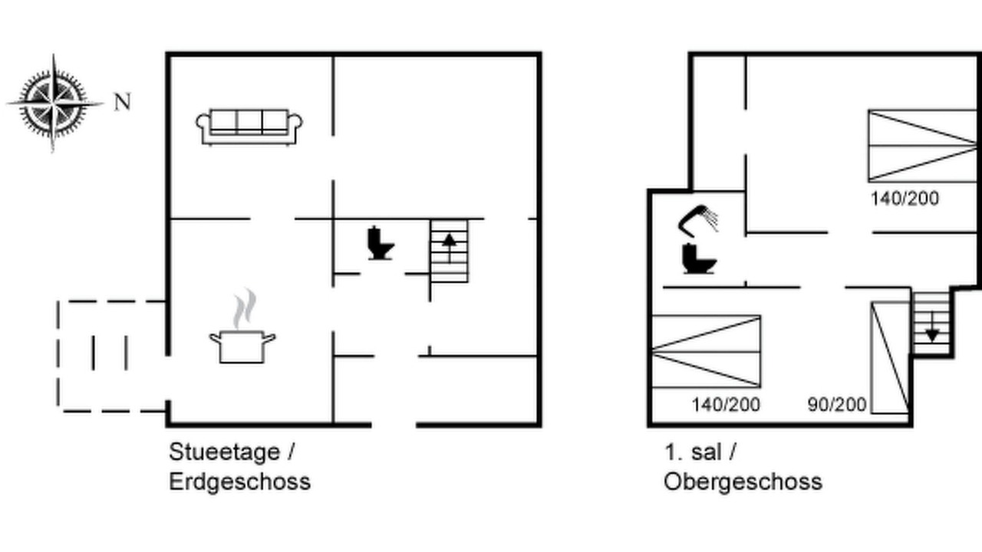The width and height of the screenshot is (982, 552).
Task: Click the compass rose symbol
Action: [x=54, y=103]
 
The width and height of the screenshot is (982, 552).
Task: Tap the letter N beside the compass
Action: [x=122, y=102]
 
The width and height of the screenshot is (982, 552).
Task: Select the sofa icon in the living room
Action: [x=249, y=127]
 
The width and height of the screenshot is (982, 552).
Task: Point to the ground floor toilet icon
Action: [x=380, y=243]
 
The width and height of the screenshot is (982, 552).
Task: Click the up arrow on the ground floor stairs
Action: [x=449, y=248]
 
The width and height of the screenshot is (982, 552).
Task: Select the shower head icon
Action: [x=697, y=220]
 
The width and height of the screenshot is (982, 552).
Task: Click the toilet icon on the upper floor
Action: [x=699, y=259]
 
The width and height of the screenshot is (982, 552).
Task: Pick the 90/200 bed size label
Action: [x=837, y=404]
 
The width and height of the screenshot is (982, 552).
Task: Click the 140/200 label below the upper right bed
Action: [x=905, y=199]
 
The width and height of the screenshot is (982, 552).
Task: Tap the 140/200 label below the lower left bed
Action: [x=726, y=404]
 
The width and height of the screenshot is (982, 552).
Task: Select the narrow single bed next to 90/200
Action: [x=889, y=357]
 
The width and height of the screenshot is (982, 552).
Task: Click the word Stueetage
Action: [x=224, y=452]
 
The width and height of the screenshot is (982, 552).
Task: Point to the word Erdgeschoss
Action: [x=240, y=482]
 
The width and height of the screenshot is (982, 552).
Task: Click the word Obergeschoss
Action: [x=743, y=482]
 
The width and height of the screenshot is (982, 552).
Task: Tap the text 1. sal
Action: [x=693, y=452]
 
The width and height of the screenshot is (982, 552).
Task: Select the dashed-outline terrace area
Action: [x=111, y=356]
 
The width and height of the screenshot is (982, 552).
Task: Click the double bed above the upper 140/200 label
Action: [x=922, y=146]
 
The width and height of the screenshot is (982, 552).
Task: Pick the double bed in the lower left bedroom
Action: [x=706, y=351]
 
